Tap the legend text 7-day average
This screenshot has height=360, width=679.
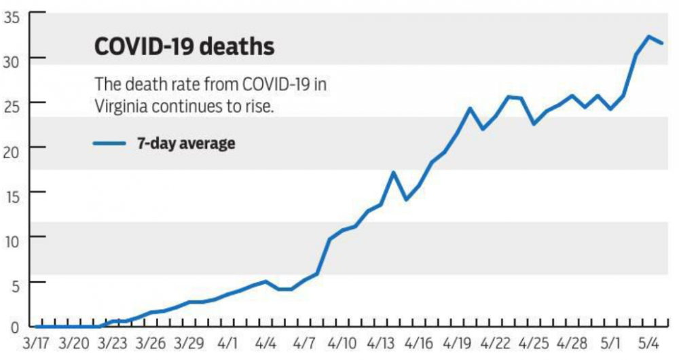[x=186, y=143]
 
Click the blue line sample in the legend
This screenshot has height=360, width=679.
[x=109, y=143]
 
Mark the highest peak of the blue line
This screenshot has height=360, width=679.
[x=649, y=37]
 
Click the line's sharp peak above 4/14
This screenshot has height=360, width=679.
[x=393, y=173]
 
